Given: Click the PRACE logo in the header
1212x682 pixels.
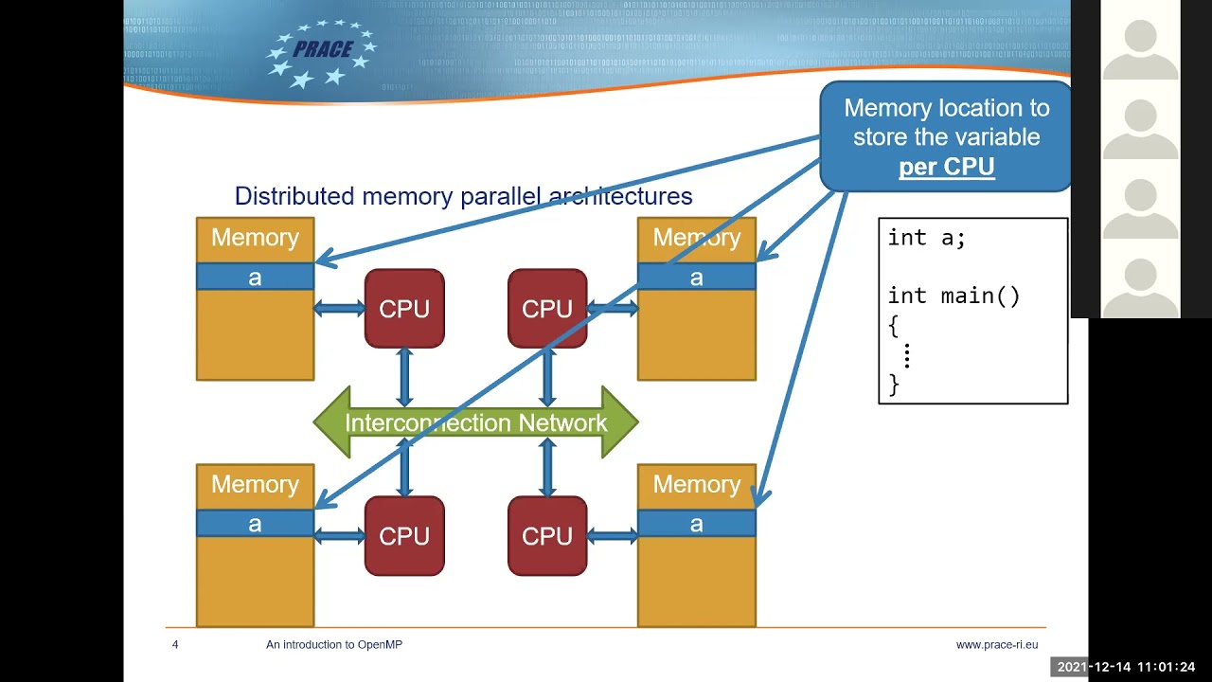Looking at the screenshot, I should (x=322, y=53).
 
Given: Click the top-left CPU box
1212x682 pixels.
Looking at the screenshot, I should (x=404, y=309).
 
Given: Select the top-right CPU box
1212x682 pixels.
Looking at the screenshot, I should (x=547, y=309).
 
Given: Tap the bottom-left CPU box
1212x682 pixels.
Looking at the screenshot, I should (x=404, y=536).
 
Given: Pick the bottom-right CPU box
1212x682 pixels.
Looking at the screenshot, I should (x=547, y=536).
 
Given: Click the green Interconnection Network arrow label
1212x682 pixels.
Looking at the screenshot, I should (x=475, y=422).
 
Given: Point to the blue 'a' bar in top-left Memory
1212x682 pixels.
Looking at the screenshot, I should (x=255, y=277).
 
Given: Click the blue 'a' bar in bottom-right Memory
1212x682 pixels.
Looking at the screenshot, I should (x=697, y=524).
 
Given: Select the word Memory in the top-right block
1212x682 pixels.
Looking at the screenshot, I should (x=697, y=238).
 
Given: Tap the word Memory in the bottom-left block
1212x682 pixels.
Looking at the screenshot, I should (x=255, y=484).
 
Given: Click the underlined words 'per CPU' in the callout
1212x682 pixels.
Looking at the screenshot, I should (x=946, y=168).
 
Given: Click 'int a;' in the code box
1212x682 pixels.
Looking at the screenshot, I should (x=926, y=238).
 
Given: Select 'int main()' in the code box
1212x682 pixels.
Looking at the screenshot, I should (x=954, y=296).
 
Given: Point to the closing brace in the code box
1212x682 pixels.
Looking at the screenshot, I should (x=894, y=384).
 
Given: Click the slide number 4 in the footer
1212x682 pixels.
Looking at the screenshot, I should (x=175, y=645).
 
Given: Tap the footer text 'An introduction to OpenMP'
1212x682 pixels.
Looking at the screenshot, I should (x=333, y=645).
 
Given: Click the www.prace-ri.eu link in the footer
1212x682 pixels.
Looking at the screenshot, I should (x=996, y=645).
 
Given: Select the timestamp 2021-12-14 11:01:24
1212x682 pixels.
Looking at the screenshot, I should (x=1126, y=667).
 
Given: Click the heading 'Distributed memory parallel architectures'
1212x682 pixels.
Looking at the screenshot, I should (x=463, y=196).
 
